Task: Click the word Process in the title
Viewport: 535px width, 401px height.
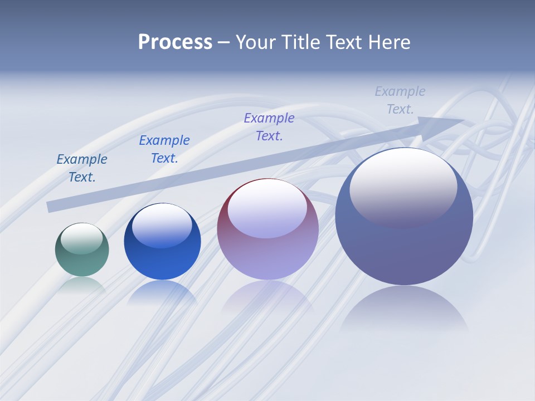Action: click(x=175, y=42)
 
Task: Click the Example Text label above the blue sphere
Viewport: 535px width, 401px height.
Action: click(x=164, y=149)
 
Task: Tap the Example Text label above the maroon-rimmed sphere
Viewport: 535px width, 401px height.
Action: click(x=269, y=127)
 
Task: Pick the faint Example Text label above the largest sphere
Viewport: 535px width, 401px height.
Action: click(x=400, y=100)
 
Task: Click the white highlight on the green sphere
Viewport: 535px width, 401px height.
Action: click(x=82, y=238)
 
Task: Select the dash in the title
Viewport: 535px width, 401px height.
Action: click(x=223, y=42)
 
